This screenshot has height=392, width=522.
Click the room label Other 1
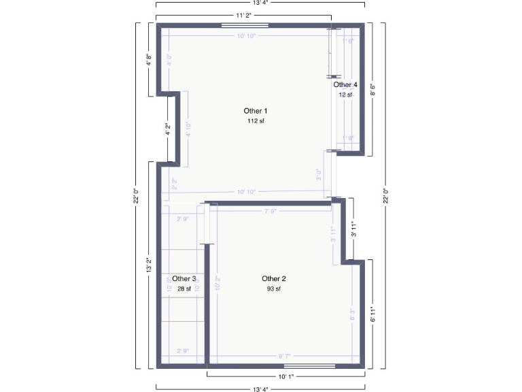256,110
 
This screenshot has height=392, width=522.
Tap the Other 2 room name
274,278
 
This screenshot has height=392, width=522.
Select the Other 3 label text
184,278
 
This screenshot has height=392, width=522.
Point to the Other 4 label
345,84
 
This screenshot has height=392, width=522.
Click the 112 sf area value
256,121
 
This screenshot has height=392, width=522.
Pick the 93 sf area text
274,289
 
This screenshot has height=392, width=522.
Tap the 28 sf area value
184,289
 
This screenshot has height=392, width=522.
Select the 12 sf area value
345,95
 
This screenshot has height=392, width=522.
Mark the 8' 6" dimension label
372,89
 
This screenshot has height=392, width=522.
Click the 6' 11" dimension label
372,314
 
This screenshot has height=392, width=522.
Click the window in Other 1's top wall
245,25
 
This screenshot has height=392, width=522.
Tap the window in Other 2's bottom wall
314,366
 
